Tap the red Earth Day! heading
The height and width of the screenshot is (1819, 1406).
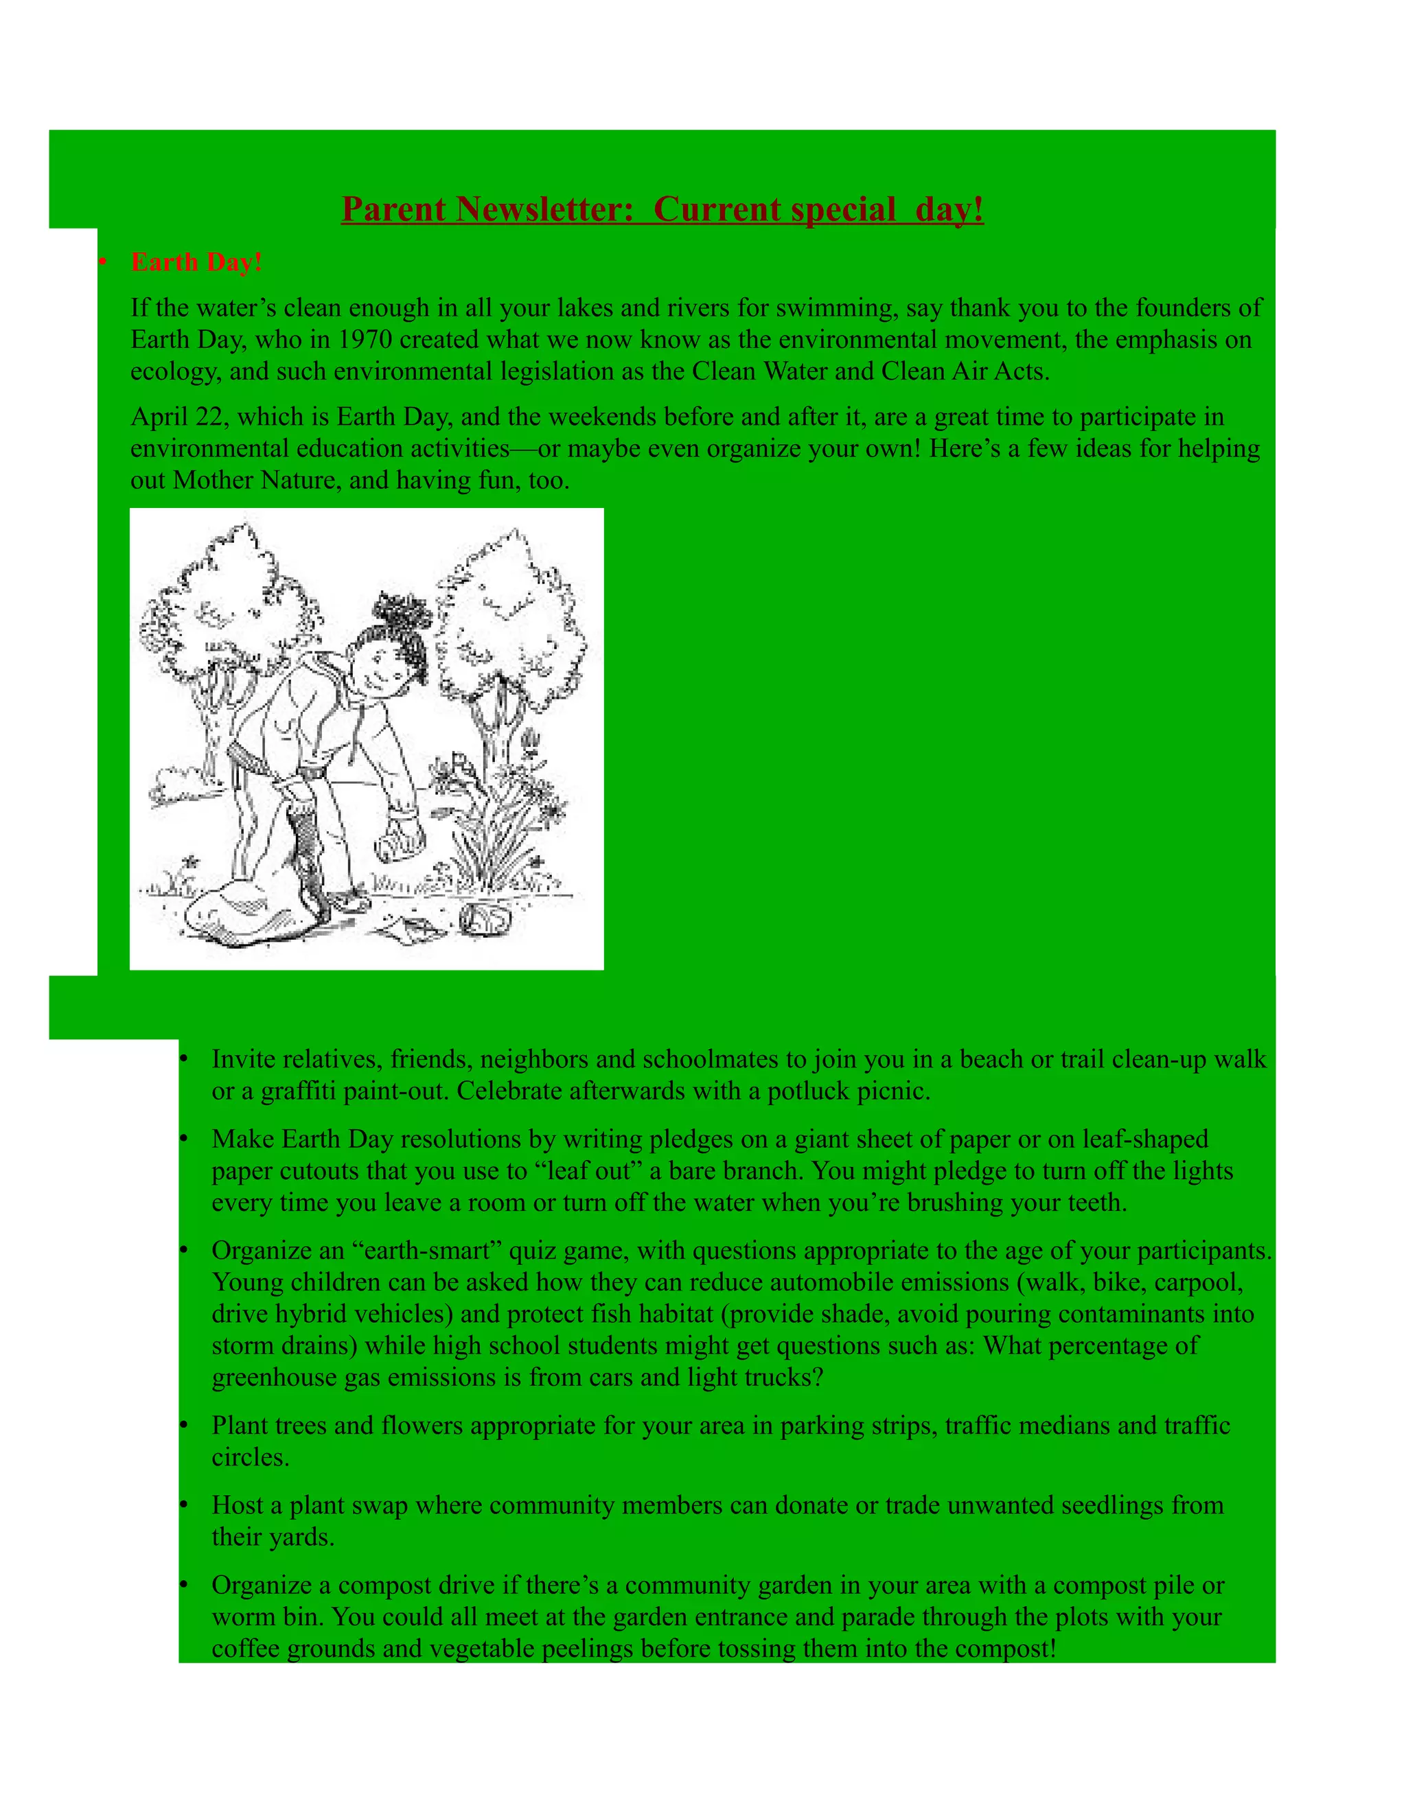pyautogui.click(x=196, y=262)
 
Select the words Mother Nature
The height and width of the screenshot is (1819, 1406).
pyautogui.click(x=253, y=480)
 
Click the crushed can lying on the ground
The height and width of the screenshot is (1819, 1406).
pyautogui.click(x=481, y=918)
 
